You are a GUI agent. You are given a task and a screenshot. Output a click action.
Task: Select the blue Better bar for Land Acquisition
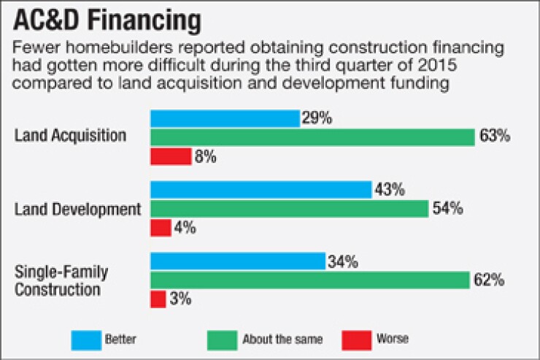[225, 118]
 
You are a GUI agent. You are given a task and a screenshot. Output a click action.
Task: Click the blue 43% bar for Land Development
[261, 190]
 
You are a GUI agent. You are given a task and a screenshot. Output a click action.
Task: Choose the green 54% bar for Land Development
[289, 209]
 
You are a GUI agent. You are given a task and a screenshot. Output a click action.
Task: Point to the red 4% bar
[161, 228]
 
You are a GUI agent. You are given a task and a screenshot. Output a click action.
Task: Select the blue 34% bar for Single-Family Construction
[237, 261]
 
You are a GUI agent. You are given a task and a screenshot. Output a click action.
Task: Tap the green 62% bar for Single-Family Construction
[309, 280]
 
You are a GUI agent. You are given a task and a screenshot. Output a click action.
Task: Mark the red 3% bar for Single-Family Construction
[158, 299]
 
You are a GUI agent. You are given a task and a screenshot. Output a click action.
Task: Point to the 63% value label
[494, 137]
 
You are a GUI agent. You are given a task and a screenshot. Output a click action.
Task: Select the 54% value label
[447, 209]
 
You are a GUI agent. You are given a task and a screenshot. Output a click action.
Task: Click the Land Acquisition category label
[71, 137]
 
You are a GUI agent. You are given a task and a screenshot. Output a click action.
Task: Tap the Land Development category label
[77, 209]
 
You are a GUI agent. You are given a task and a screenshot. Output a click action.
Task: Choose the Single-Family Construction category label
[61, 281]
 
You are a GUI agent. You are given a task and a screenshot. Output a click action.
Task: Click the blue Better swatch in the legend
[84, 339]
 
